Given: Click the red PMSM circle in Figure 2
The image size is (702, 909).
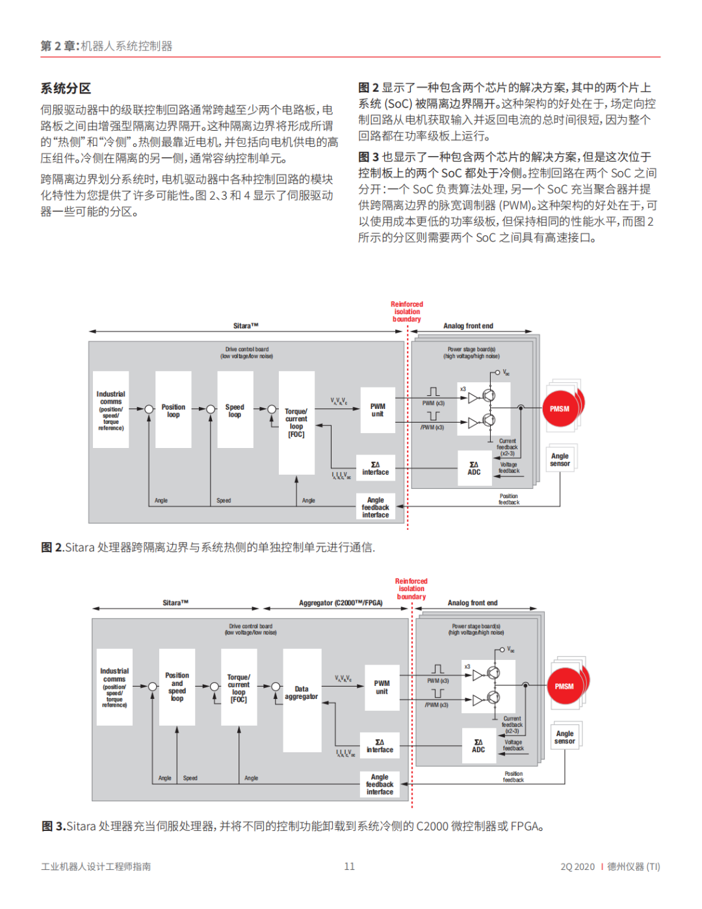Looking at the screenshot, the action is click(x=560, y=409).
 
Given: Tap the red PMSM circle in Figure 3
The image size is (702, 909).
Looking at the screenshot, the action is click(x=564, y=687).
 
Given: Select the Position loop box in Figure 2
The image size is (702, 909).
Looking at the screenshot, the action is click(x=173, y=410).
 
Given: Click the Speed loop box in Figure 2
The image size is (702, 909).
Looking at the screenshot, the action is click(x=235, y=410).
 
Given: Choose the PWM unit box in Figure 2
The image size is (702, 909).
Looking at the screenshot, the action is click(x=377, y=410).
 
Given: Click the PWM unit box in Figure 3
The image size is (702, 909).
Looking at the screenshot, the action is click(x=382, y=687).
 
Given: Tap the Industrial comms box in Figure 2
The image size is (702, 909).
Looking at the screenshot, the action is click(x=111, y=410).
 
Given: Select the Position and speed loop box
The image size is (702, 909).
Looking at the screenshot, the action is click(x=177, y=687).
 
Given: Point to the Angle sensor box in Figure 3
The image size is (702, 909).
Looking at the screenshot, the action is click(x=565, y=737).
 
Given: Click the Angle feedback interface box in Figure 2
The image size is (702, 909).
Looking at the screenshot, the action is click(x=376, y=507).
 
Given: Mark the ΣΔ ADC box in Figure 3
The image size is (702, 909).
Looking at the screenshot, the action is click(x=478, y=746).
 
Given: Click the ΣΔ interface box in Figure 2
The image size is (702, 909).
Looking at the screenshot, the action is click(x=376, y=468).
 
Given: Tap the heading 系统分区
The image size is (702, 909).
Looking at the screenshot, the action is click(x=66, y=88).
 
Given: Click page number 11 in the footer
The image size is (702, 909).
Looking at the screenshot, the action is click(x=350, y=866).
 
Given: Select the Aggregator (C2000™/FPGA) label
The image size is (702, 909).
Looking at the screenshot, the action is click(x=341, y=603).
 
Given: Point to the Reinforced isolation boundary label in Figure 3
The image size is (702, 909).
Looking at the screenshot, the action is click(x=411, y=589).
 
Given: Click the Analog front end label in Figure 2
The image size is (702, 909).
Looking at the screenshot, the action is click(x=468, y=326).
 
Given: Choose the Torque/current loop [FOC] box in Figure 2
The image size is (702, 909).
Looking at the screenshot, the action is click(x=296, y=423).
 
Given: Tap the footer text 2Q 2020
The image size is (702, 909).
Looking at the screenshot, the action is click(x=577, y=866).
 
